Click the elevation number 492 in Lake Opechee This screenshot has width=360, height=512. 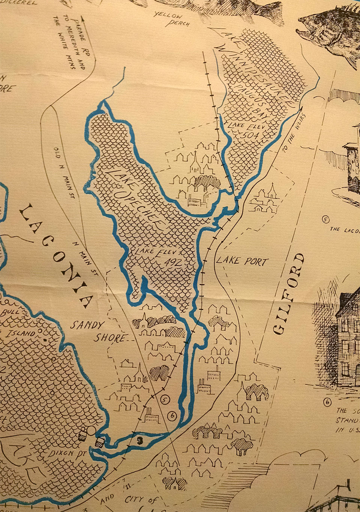(x=171, y=263)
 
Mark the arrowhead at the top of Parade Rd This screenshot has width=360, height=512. (x=81, y=23)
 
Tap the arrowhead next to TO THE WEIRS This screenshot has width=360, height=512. (x=301, y=108)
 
